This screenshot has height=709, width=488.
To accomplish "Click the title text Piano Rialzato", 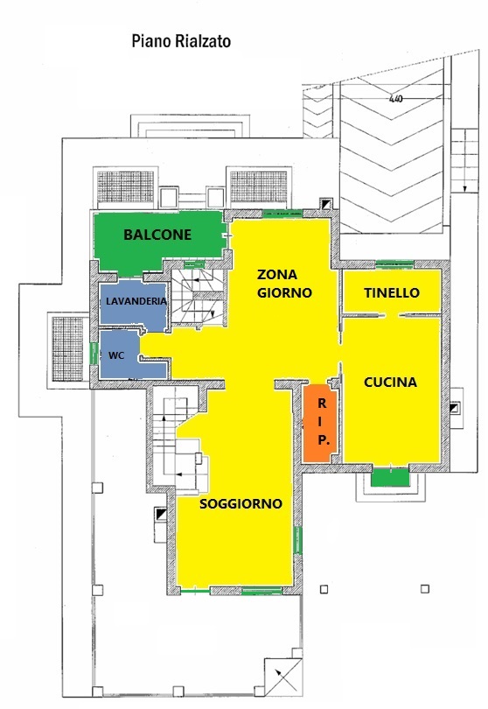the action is click(x=181, y=42).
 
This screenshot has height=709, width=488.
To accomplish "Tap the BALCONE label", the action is click(x=157, y=235).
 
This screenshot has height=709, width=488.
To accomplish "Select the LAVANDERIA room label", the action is click(x=136, y=301).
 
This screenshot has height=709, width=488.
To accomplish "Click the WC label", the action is click(x=116, y=355).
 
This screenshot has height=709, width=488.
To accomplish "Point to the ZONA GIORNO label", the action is click(x=284, y=284).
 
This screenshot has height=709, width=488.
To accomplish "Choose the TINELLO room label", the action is click(x=392, y=292).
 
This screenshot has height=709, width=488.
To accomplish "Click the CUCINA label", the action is click(x=390, y=383).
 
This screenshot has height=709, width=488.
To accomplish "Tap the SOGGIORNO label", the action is click(x=241, y=503).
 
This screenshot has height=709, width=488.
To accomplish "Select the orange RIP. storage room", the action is click(x=320, y=423).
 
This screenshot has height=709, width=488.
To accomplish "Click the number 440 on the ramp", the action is click(x=395, y=99).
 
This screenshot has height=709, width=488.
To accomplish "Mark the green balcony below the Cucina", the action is click(x=389, y=477).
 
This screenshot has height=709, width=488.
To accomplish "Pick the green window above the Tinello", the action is click(x=395, y=263).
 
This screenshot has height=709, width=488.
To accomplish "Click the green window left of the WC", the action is click(x=94, y=354).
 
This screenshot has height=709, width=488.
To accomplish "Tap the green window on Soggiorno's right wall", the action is click(x=298, y=539).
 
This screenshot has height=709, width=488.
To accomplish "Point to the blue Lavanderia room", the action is click(x=134, y=303).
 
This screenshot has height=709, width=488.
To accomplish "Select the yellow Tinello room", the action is click(x=391, y=291).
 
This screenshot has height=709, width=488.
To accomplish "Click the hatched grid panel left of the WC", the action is click(x=68, y=348).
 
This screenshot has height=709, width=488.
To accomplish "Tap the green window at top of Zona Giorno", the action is click(x=282, y=213).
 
